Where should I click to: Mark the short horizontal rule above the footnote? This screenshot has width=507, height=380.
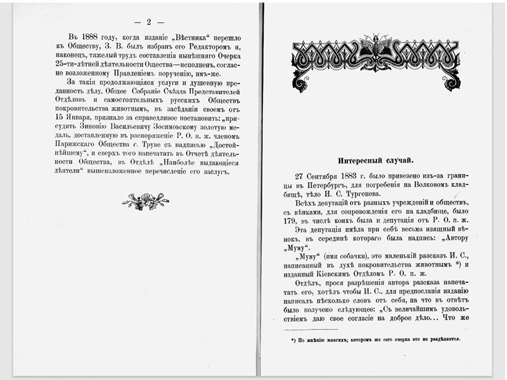coord(311,329)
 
